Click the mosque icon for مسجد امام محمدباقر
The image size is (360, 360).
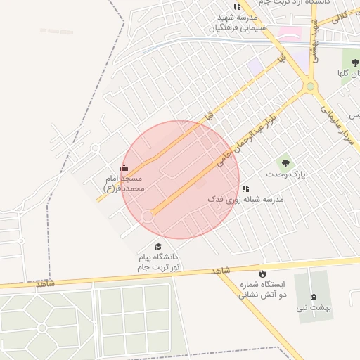coord(124,167)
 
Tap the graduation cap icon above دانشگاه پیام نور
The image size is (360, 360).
coord(158,247)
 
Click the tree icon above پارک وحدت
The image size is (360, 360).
coord(285,162)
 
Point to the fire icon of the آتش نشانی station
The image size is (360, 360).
coord(262,274)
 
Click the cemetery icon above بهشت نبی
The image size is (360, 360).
coord(314,295)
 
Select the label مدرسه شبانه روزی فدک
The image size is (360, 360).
coord(245,200)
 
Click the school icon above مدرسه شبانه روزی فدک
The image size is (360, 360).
coord(245,188)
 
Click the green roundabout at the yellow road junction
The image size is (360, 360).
coord(309,87)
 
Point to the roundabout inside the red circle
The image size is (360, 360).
coord(148,216)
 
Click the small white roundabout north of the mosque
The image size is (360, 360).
coord(95,148)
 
